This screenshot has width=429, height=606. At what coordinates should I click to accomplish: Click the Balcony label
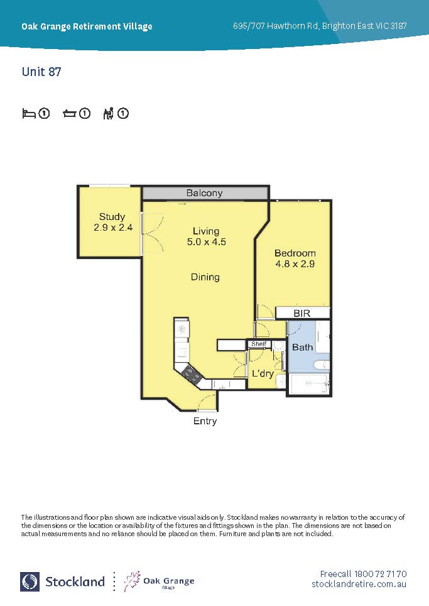204,193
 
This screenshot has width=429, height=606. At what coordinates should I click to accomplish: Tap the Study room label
112,216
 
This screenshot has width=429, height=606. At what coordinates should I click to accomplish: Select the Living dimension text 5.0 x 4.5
207,242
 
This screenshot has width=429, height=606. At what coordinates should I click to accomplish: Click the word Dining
205,277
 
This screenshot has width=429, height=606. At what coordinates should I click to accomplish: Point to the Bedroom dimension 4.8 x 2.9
295,264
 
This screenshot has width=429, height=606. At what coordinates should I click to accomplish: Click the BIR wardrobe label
302,313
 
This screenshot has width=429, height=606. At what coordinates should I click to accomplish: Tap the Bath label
302,348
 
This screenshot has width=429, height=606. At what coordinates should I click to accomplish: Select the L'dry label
263,373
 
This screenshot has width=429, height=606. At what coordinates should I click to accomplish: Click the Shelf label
259,344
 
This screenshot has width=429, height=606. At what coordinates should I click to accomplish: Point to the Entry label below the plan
205,421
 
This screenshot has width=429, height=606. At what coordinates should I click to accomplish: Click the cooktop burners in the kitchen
192,374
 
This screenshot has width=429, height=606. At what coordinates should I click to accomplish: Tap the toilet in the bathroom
321,365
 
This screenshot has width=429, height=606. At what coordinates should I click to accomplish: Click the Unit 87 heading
41,72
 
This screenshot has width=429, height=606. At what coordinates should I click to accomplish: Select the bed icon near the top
29,114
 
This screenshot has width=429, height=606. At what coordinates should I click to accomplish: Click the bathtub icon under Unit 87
70,114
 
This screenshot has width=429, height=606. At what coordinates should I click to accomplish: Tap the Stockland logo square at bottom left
30,581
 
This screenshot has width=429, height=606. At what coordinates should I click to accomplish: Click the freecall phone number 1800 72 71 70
381,574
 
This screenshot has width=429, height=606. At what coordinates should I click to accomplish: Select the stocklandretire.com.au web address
359,584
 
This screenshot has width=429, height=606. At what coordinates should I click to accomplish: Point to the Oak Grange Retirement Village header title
87,26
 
